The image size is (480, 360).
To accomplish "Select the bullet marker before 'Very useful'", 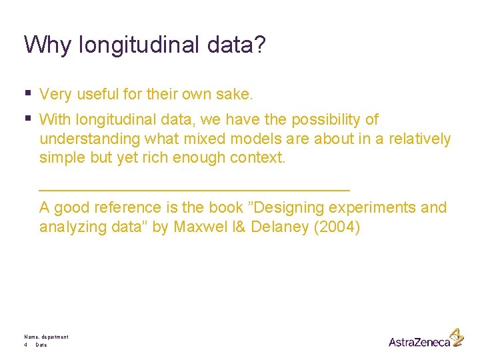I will pyautogui.click(x=27, y=93).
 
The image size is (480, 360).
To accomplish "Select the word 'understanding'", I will pyautogui.click(x=90, y=139).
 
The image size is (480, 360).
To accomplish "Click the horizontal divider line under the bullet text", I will pyautogui.click(x=195, y=188).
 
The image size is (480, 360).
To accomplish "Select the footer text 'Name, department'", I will pyautogui.click(x=46, y=337).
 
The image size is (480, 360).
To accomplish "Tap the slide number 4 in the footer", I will pyautogui.click(x=25, y=345).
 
